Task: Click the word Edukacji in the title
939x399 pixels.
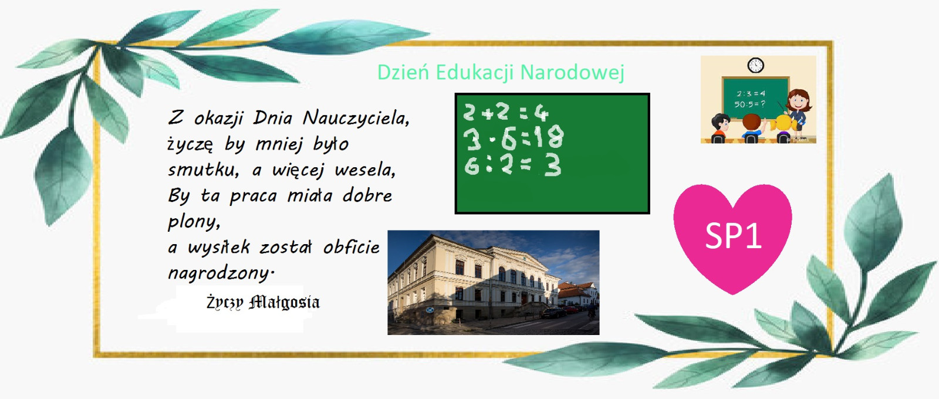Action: [475, 73]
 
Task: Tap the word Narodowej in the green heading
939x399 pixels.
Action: [572, 72]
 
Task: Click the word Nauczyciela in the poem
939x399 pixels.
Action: [356, 118]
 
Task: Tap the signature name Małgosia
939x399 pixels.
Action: [284, 302]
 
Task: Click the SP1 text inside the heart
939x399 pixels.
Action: [733, 235]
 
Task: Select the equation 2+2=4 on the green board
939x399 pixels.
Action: [506, 112]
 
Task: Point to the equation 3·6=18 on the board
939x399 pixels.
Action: [514, 138]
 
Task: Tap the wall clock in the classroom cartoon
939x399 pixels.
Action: [755, 65]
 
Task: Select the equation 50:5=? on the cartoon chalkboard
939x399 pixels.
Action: [749, 104]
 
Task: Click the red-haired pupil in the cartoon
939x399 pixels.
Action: [752, 128]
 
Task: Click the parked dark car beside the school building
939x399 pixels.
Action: [553, 313]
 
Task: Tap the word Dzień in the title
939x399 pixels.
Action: [403, 72]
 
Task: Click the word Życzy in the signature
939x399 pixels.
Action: [225, 303]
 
